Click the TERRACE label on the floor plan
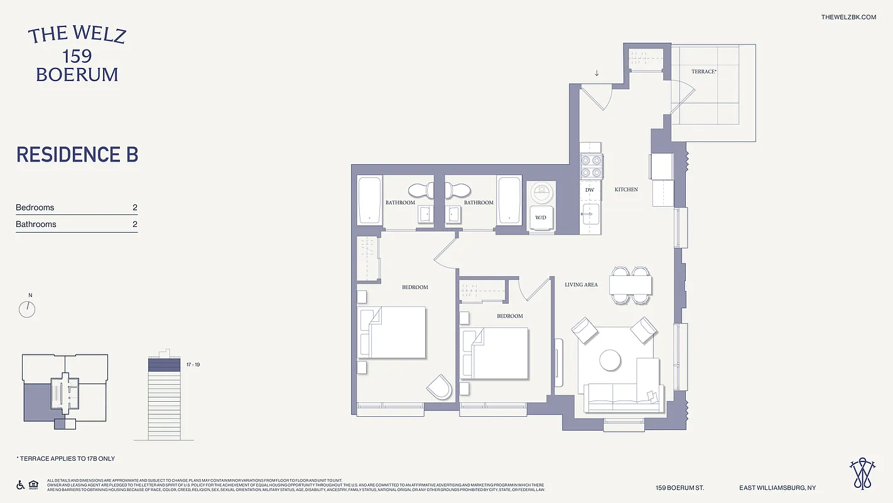pyautogui.click(x=703, y=72)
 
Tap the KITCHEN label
pyautogui.click(x=626, y=189)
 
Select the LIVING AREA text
pyautogui.click(x=581, y=285)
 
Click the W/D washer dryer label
pyautogui.click(x=540, y=218)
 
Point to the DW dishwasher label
pyautogui.click(x=590, y=189)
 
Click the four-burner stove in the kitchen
pyautogui.click(x=591, y=166)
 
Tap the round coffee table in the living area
pyautogui.click(x=610, y=360)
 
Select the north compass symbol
pyautogui.click(x=27, y=309)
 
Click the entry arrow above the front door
pyautogui.click(x=597, y=73)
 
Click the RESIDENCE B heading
pyautogui.click(x=77, y=155)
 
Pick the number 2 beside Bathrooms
pyautogui.click(x=134, y=224)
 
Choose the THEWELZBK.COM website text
pyautogui.click(x=848, y=17)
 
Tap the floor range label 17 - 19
pyautogui.click(x=192, y=365)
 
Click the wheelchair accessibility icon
pyautogui.click(x=19, y=485)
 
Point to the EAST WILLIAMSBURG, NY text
pyautogui.click(x=777, y=488)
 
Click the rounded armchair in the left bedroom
pyautogui.click(x=440, y=387)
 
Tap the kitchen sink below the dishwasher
pyautogui.click(x=590, y=214)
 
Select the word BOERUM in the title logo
pyautogui.click(x=77, y=74)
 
